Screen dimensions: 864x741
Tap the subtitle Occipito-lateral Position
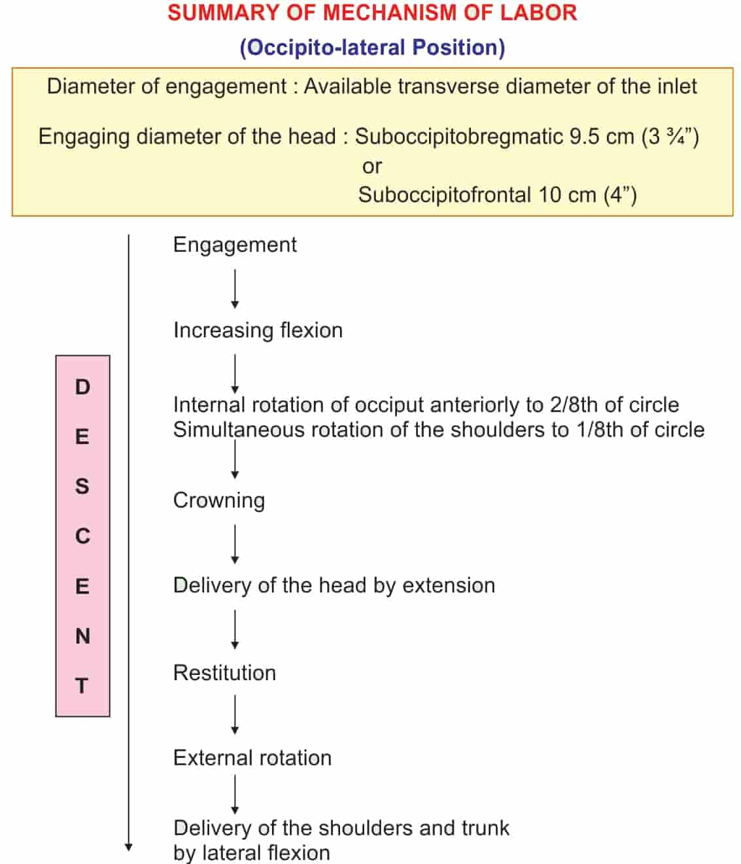tap(372, 48)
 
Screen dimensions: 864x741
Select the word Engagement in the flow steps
tap(234, 245)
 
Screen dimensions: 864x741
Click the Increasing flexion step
tap(258, 330)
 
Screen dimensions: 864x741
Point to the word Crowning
tap(219, 500)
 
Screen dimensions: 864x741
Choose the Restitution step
tap(224, 673)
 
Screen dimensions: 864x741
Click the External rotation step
tap(252, 758)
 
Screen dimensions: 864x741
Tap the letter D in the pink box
tap(82, 387)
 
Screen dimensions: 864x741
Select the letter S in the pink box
tap(82, 487)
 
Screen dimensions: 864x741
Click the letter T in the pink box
tap(82, 686)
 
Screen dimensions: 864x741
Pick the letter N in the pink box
tap(82, 636)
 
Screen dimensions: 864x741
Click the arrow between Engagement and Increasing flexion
tap(235, 288)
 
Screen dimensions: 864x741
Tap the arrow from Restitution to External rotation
tap(235, 715)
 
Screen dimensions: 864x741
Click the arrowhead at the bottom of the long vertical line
tap(129, 847)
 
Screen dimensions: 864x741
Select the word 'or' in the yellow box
tap(371, 166)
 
